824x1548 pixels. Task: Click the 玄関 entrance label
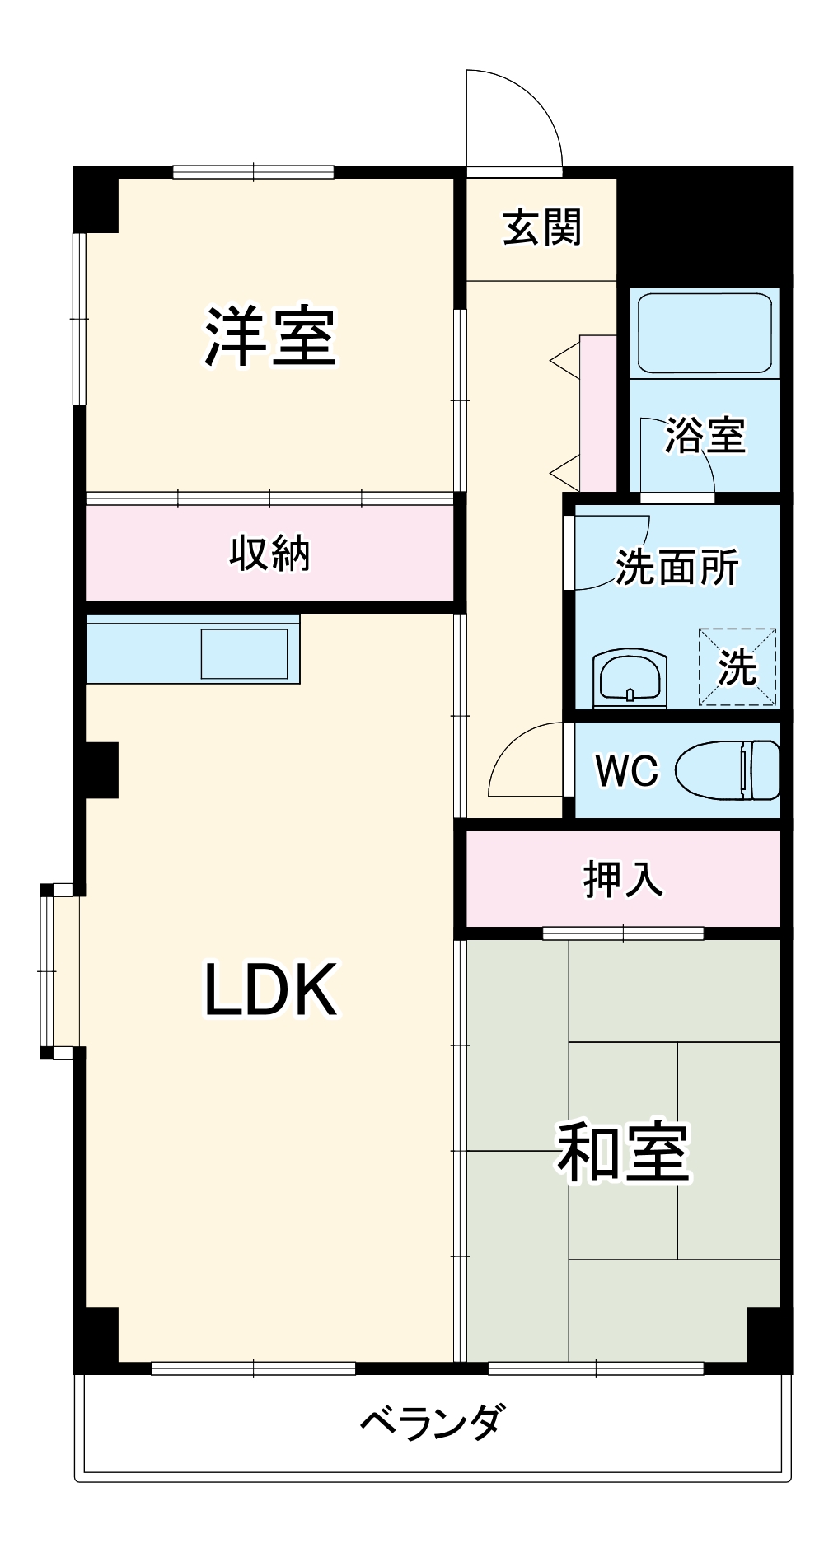coord(542,228)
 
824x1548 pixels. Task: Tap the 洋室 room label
coord(271,337)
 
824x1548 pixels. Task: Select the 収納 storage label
coord(269,553)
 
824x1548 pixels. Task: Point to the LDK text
coord(270,989)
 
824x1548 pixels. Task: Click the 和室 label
coord(623,1151)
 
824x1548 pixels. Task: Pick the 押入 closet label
coord(623,879)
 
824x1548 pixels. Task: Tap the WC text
coord(627,771)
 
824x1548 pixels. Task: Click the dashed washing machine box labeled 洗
coord(737,666)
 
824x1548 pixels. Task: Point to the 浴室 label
coord(705,435)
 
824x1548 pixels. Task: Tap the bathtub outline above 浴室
coord(705,333)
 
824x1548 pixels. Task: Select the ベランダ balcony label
coord(431,1420)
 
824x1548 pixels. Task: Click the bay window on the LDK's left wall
coord(59,971)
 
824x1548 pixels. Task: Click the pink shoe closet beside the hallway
coord(597,413)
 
